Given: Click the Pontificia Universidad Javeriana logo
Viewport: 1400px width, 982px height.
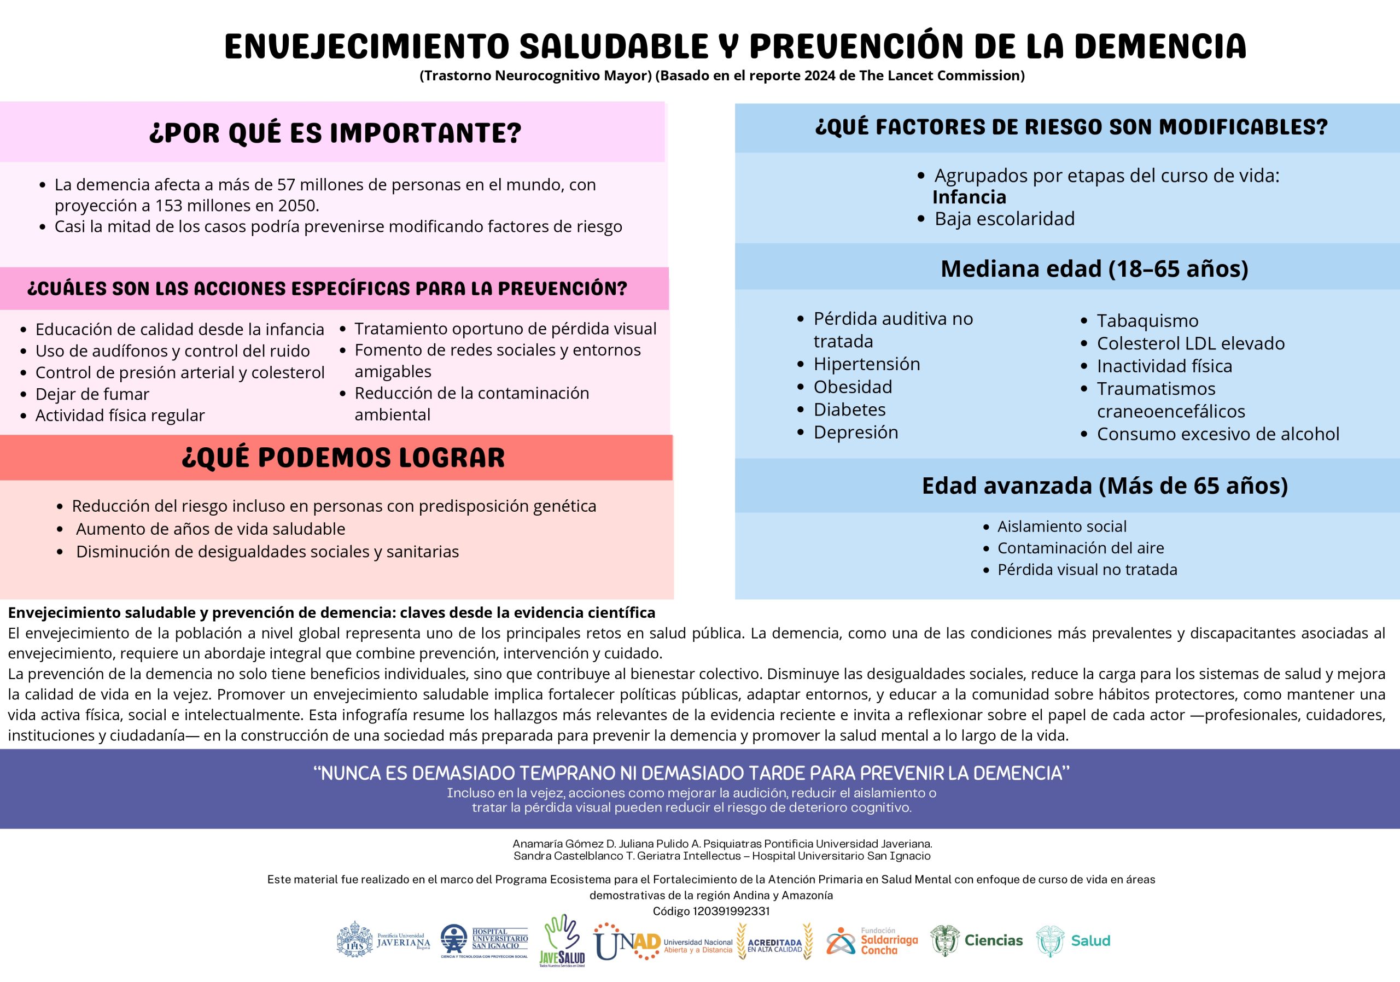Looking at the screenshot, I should point(383,940).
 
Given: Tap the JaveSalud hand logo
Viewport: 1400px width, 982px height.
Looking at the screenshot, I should point(562,940).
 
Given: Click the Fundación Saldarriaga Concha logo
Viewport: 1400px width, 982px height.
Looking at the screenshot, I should point(872,941).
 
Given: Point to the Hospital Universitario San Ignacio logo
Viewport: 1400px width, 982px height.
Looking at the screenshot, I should point(484,940).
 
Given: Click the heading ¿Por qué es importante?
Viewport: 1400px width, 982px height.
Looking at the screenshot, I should point(335,133).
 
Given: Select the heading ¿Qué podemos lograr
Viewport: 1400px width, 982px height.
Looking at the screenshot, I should point(343,458).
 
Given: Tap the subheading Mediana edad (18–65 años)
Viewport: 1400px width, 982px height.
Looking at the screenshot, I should point(1094,268).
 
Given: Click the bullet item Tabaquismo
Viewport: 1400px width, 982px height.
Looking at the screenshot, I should point(1147,320).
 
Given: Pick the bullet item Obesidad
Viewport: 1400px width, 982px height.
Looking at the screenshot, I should point(853,387).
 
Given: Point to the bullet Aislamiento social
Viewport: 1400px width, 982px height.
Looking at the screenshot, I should point(1061,526).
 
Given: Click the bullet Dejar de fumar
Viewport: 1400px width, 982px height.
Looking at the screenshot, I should point(92,394).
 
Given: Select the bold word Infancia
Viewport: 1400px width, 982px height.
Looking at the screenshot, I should point(969,197).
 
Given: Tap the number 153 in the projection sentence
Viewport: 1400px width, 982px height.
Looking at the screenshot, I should point(169,206).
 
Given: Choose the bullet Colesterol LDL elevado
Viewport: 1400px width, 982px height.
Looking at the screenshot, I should point(1190,343).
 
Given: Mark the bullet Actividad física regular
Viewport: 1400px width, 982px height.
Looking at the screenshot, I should point(120,415).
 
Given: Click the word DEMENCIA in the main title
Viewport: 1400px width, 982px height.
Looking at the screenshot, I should point(1160,46).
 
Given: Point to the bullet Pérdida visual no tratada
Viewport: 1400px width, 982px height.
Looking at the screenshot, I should point(1087,569).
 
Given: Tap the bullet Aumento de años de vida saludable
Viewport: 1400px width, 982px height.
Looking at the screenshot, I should point(211,529).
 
